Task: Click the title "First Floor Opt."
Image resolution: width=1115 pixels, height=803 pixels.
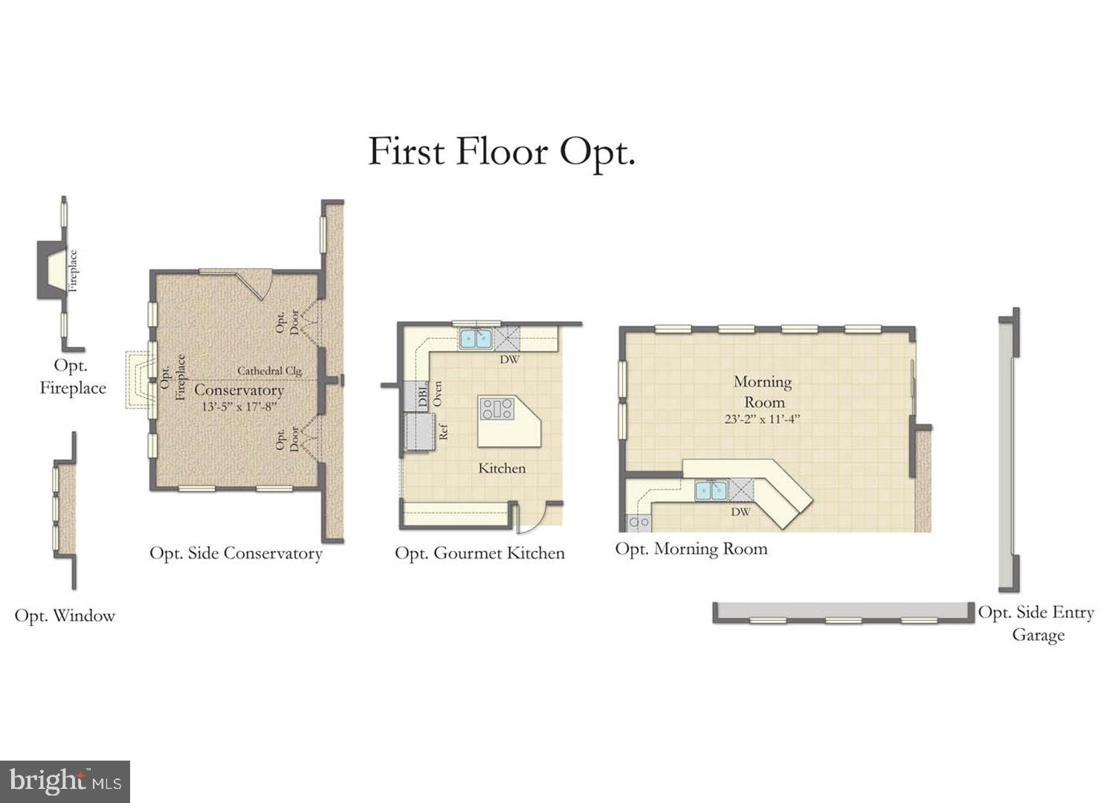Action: (x=502, y=152)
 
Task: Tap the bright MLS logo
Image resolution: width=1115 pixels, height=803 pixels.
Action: (x=65, y=781)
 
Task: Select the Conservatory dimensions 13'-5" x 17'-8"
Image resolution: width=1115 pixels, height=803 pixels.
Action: (x=239, y=407)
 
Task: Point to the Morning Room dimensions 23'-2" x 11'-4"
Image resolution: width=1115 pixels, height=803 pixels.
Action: (x=762, y=419)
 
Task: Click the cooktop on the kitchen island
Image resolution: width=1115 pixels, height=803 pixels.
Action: (x=497, y=408)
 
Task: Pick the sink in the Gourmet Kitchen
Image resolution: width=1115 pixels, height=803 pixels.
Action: (x=476, y=339)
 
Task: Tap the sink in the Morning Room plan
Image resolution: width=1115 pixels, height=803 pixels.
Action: (x=711, y=491)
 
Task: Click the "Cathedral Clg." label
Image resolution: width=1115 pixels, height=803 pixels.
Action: (x=270, y=370)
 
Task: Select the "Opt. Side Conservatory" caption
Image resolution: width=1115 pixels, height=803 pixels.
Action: (x=236, y=553)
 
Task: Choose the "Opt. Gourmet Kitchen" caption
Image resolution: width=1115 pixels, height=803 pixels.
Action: (x=479, y=553)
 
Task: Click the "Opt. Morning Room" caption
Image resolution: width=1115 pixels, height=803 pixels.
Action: (x=691, y=549)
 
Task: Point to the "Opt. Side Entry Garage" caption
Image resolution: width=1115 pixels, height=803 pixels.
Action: (x=1036, y=623)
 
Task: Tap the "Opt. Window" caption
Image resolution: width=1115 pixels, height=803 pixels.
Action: (x=65, y=616)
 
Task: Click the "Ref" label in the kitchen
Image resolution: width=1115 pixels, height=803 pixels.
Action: (x=443, y=431)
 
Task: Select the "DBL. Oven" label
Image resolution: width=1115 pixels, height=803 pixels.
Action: (x=430, y=393)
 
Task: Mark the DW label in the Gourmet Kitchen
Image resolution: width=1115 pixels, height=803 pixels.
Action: (x=509, y=360)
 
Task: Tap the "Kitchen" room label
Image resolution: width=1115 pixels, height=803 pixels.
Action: (x=502, y=468)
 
